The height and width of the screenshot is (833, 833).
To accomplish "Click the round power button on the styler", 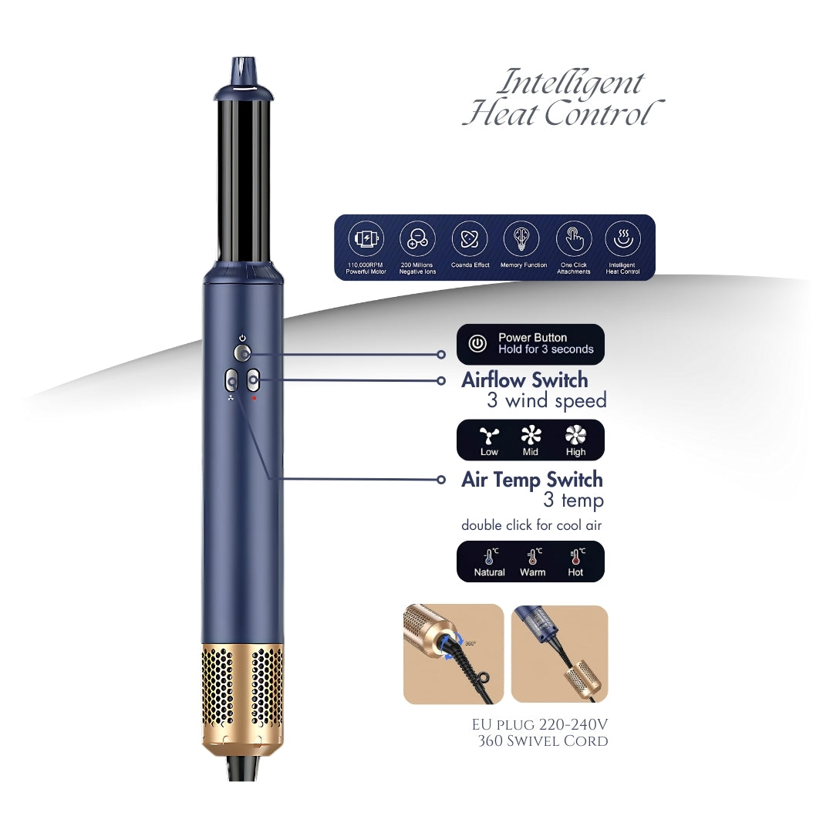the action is point(242,352).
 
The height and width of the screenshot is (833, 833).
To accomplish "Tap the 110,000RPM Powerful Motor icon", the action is point(366,238).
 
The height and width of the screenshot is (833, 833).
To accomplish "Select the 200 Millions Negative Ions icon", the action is point(417,238).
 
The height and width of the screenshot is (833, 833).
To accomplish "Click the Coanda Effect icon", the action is point(470,238).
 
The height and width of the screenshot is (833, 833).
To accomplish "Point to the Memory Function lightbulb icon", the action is point(521,238).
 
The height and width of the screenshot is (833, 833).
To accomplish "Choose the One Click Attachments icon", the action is point(574,238).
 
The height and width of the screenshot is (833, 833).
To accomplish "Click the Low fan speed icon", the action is point(489,436).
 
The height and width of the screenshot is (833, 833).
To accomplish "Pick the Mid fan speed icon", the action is point(531,435).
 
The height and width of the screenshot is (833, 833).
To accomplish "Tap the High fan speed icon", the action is point(575,435).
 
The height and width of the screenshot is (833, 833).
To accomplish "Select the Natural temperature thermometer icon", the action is point(491,556).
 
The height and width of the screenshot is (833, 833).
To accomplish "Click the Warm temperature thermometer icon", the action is point(534,556).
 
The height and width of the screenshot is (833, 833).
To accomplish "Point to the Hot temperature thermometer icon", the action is point(577,556).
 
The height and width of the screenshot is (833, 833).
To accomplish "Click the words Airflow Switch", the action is point(524,379).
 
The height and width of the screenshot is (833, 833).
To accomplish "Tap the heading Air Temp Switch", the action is point(531,479).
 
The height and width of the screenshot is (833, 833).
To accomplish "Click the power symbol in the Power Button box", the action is point(477,343).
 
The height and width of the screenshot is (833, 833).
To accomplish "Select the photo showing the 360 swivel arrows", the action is point(454,653).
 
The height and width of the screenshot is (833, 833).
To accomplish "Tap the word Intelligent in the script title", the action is point(571,83).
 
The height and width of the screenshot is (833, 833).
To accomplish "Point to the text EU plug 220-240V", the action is point(540,724).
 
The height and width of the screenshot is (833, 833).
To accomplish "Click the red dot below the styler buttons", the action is point(254,398).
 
